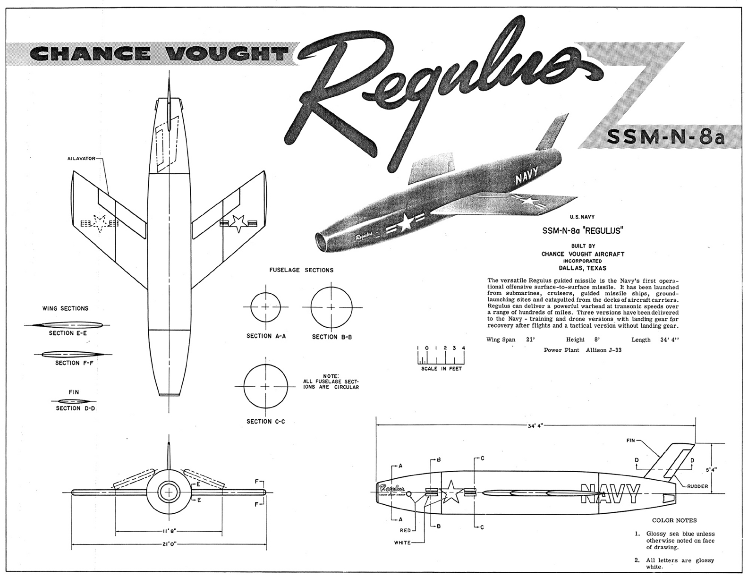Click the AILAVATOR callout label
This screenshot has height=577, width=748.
tap(81, 159)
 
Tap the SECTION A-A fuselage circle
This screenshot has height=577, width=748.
tap(266, 307)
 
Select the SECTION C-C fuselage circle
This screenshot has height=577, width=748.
tap(266, 386)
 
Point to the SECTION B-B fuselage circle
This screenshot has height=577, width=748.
tap(331, 307)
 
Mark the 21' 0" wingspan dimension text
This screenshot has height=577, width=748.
tap(169, 544)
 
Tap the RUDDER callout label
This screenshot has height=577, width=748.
tap(697, 486)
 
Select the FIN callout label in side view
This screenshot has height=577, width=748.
tap(631, 441)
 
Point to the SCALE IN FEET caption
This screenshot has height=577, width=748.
tap(442, 368)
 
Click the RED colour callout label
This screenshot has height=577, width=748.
tap(406, 530)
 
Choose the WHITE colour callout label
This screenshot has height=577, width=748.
tap(402, 543)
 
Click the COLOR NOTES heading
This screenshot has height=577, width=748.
tap(674, 520)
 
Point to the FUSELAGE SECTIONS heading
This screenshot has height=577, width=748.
tap(301, 270)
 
